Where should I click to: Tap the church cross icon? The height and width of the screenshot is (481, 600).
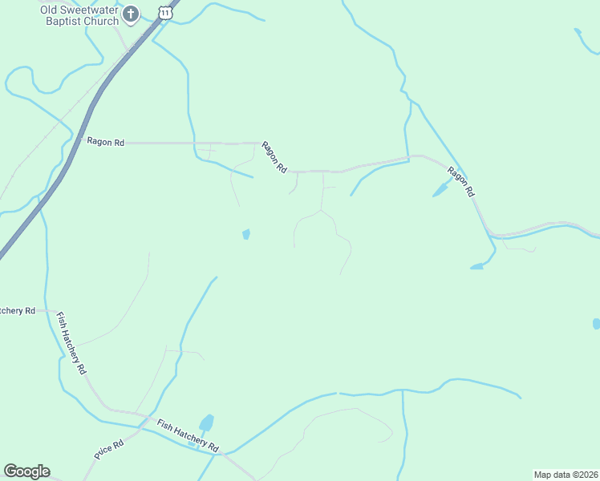(x=132, y=14)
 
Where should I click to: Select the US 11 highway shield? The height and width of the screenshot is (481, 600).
(x=165, y=12)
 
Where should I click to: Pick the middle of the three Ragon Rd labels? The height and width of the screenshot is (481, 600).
(x=274, y=158)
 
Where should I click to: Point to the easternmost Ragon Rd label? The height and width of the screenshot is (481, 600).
(x=461, y=182)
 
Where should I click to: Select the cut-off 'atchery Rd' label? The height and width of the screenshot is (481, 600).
(x=18, y=310)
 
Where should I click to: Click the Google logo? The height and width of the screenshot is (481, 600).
(x=26, y=471)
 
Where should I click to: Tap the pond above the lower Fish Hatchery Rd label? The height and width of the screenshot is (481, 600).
(x=207, y=422)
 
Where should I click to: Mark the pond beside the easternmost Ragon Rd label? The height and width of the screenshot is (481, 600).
(x=440, y=190)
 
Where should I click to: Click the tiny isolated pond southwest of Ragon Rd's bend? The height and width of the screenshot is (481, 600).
(x=246, y=234)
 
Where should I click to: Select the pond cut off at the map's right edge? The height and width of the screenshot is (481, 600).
(x=596, y=324)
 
